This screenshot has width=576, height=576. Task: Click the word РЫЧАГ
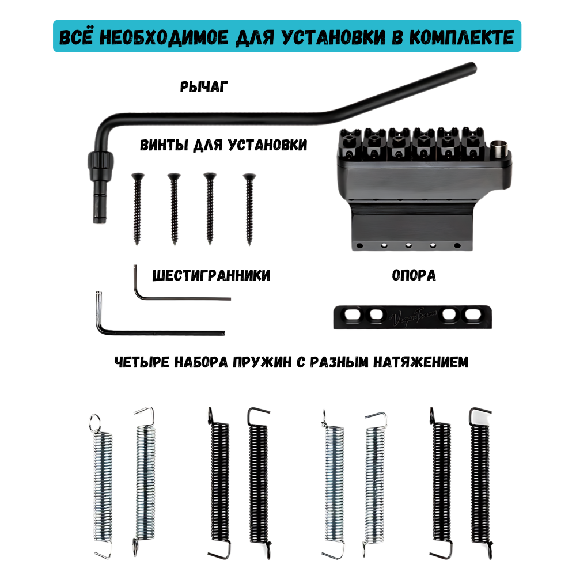coord(204,87)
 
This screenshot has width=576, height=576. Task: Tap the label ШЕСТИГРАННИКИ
coord(211,276)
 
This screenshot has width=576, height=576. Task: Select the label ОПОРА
coord(414,275)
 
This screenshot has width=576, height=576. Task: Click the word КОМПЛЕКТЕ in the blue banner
coord(459,37)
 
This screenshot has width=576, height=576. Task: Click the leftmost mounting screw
coord(137,207)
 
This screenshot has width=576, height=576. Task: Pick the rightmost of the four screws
coord(249,207)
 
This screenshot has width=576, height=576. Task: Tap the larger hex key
coord(156,331)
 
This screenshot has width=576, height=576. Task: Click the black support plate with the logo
coord(414,316)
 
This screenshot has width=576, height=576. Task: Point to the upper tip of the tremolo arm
coord(472,66)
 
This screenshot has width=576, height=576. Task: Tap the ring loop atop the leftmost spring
coord(95,422)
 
